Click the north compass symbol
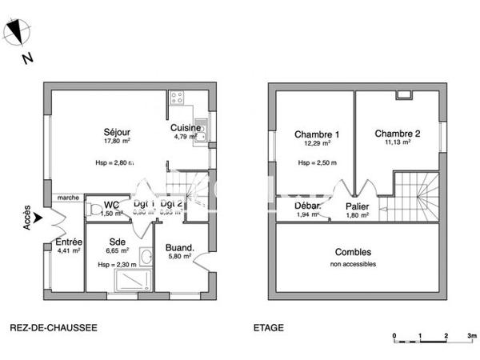(x=18, y=33)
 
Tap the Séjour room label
(x=117, y=132)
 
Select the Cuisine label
(x=185, y=128)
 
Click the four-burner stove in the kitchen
(x=176, y=98)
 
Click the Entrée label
(x=68, y=242)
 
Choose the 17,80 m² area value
(x=117, y=141)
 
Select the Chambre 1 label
(x=315, y=134)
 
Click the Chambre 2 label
(x=398, y=134)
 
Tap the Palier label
(x=357, y=206)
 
